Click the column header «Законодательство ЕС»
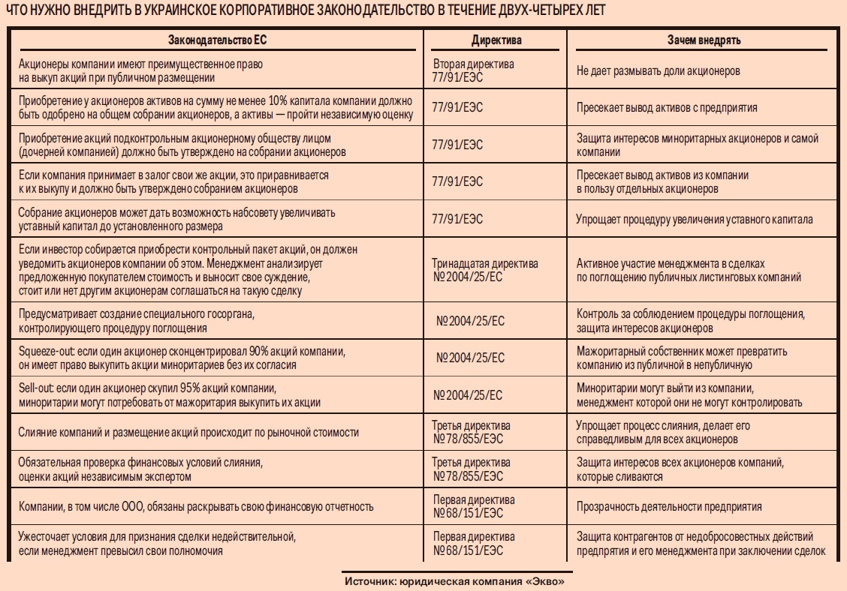pos(217,40)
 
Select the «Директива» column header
pos(496,40)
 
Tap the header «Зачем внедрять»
pos(704,40)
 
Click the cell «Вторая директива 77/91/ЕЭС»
pos(473,70)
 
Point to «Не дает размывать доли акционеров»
pos(659,71)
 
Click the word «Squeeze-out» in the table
pos(44,351)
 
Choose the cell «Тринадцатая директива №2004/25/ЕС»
pos(484,270)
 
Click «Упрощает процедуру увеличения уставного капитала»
pos(694,220)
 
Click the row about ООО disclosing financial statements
pos(196,507)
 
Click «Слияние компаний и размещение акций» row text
pos(188,433)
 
